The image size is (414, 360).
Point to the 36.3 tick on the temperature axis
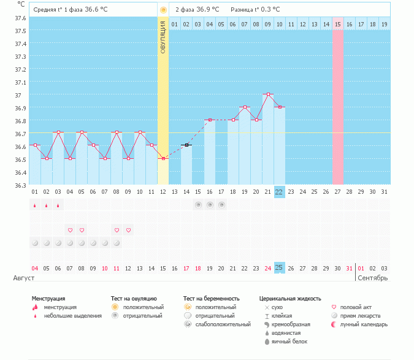click(20, 185)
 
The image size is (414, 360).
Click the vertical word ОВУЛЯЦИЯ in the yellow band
click(163, 37)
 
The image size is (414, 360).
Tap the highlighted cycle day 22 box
click(279, 191)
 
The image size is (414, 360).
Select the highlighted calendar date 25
click(279, 268)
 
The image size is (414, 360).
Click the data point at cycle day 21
click(267, 94)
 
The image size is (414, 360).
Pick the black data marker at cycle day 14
click(186, 145)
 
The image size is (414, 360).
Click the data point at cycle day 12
click(163, 159)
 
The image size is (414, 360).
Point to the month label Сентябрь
click(372, 278)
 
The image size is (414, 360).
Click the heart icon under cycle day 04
click(70, 230)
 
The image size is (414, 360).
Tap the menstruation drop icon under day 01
click(35, 205)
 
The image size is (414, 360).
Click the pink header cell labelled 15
click(337, 24)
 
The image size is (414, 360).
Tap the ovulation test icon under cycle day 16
click(210, 205)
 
